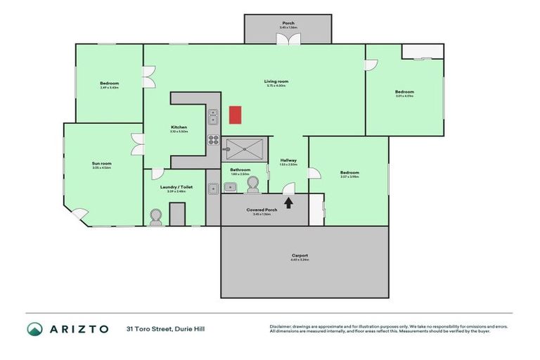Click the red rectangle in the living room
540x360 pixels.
[236, 115]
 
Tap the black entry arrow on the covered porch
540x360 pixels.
[288, 202]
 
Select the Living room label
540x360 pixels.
[276, 82]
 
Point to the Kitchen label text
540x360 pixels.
[179, 127]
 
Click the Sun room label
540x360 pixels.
[102, 164]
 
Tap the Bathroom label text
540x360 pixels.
[240, 169]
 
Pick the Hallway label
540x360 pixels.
[288, 160]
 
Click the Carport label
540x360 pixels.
[300, 255]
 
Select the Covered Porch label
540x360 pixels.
[261, 210]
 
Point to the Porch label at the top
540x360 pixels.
[288, 23]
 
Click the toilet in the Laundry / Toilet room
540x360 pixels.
[156, 217]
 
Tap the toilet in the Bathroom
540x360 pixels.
[253, 185]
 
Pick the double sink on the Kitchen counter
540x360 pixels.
[213, 116]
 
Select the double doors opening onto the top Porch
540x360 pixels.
[288, 41]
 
